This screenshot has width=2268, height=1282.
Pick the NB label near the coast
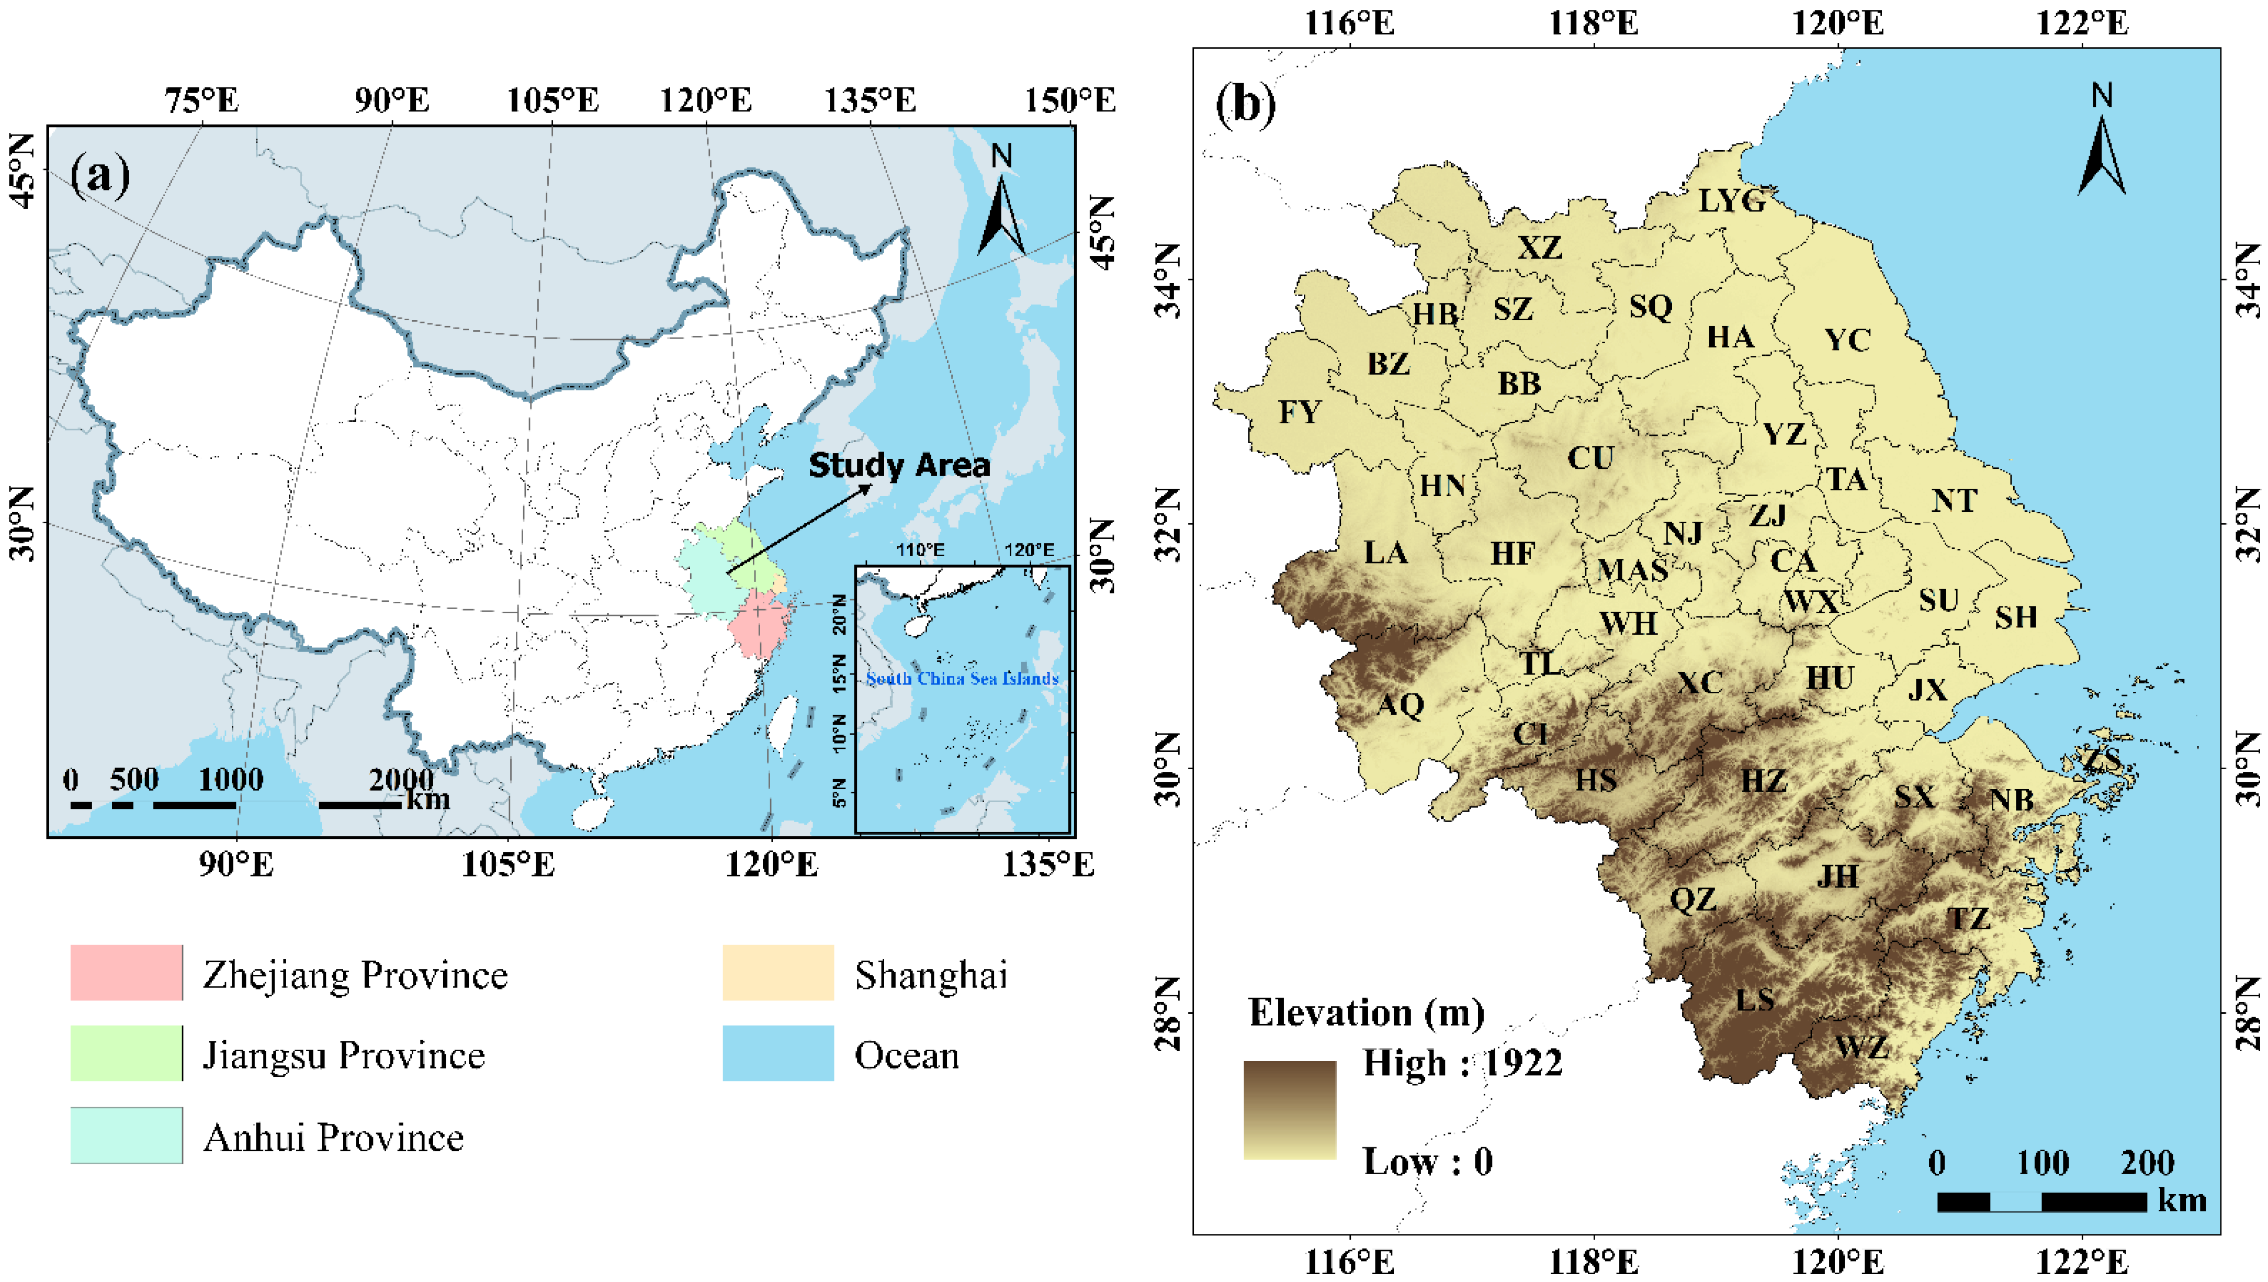click(2012, 800)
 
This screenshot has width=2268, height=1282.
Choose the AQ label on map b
click(1401, 704)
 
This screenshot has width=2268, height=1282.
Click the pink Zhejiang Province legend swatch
click(127, 973)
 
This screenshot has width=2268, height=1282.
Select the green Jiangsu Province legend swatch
click(127, 1053)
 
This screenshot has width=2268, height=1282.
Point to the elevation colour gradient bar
click(1290, 1109)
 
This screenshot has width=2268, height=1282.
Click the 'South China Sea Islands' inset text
click(962, 679)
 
